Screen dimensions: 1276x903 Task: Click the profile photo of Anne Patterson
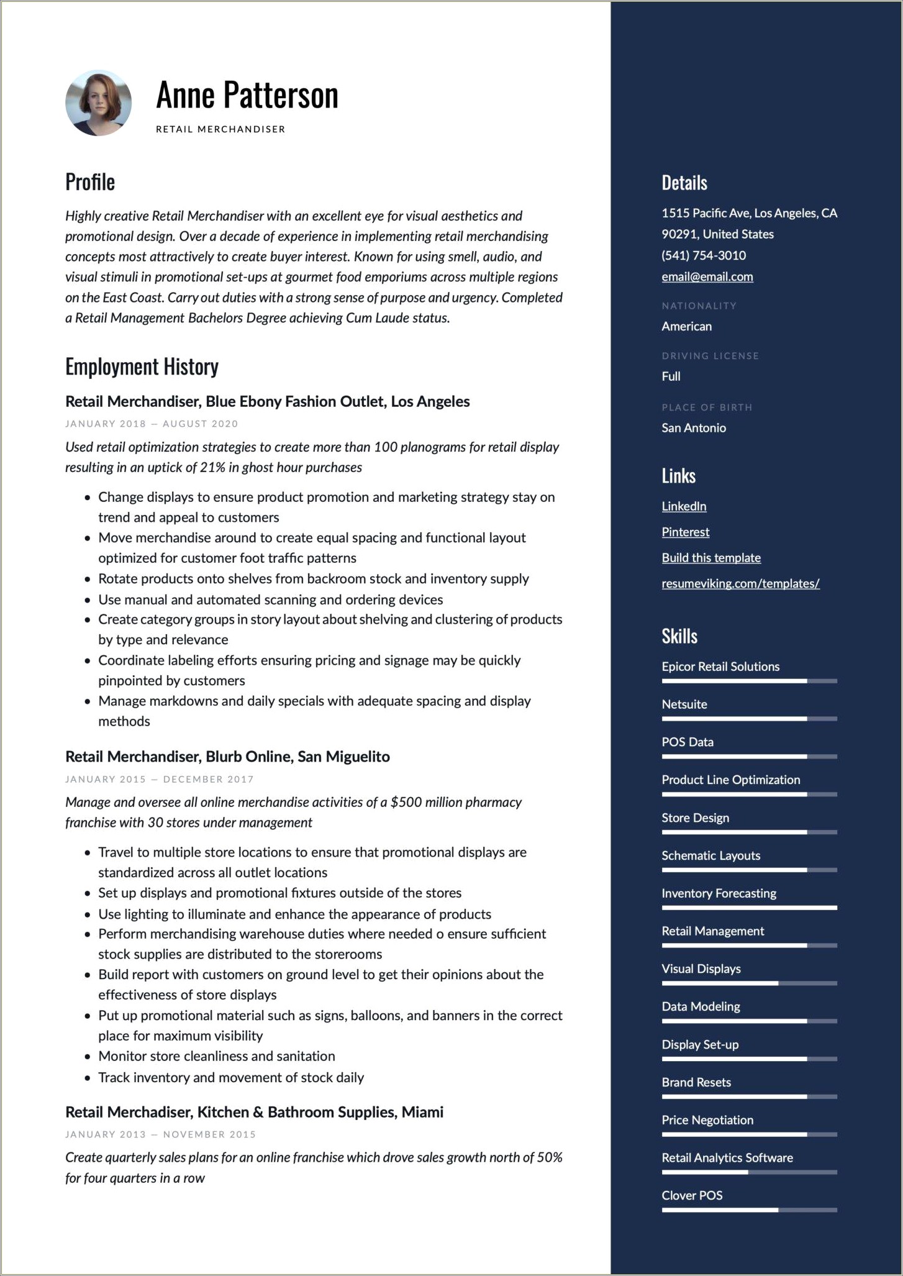tap(98, 103)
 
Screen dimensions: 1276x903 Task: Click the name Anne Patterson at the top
tap(247, 95)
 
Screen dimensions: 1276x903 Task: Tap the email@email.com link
tap(707, 276)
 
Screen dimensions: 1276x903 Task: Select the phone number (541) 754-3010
tap(703, 255)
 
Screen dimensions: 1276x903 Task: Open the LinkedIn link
tap(684, 506)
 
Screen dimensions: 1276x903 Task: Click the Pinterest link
tap(685, 532)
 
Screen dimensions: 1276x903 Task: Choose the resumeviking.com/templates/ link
tap(740, 583)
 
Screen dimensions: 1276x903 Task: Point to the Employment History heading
tap(142, 367)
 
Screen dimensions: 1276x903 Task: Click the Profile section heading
tap(90, 182)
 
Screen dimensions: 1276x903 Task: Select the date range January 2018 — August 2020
tap(152, 424)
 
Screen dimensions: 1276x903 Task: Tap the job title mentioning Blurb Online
tap(227, 756)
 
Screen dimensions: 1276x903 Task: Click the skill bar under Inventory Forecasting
tap(749, 908)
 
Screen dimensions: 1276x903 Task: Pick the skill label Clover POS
tap(692, 1195)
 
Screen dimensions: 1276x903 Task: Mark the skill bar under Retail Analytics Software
tap(749, 1172)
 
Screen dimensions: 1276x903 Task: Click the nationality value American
tap(686, 326)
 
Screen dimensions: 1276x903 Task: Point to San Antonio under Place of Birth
tap(693, 427)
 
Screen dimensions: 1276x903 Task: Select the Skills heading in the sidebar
tap(679, 636)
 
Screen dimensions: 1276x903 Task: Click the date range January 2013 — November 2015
tap(160, 1134)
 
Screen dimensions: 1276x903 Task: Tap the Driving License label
tap(710, 356)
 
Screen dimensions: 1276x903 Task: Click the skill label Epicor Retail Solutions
tap(720, 667)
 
